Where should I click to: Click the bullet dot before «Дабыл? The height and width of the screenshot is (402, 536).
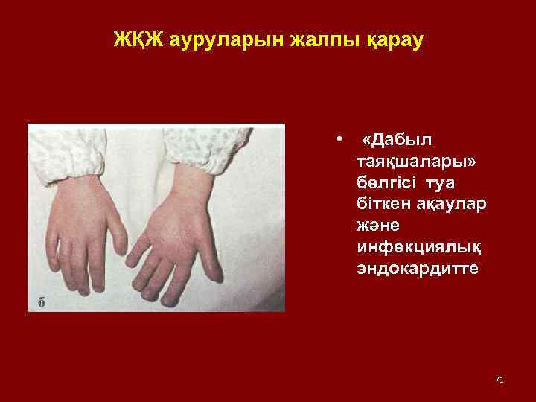tap(339, 139)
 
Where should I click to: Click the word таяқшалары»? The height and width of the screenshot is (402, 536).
tap(408, 161)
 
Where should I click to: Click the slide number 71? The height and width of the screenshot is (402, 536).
tap(499, 380)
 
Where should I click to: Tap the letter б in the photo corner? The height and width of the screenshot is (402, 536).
tap(42, 300)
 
